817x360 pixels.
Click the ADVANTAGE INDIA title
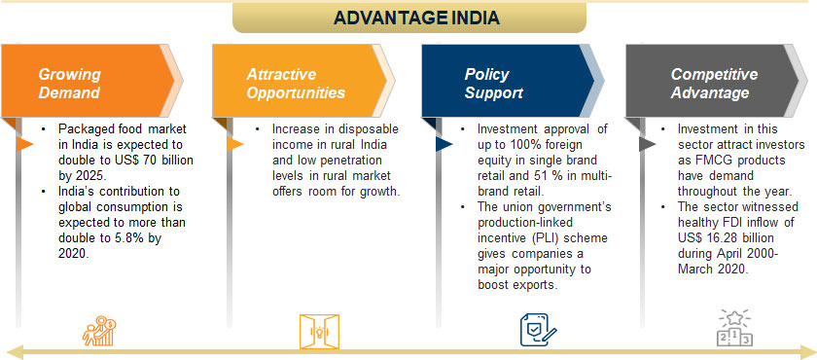[416, 18]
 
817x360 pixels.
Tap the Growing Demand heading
[69, 84]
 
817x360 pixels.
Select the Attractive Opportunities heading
[296, 84]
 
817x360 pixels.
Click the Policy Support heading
[493, 84]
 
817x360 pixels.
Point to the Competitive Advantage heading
[714, 84]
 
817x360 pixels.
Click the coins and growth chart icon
[99, 331]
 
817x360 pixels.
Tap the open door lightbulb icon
[319, 332]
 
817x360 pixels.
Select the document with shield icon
[538, 330]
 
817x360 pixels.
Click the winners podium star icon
[734, 327]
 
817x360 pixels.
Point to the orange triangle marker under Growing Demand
[24, 144]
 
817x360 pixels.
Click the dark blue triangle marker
[444, 144]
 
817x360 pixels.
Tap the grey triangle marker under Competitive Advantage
[647, 144]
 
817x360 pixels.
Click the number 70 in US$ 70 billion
[143, 160]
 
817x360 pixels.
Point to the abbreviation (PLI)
[544, 238]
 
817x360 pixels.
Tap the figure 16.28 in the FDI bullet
[717, 238]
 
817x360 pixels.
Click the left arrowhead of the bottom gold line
[16, 351]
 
